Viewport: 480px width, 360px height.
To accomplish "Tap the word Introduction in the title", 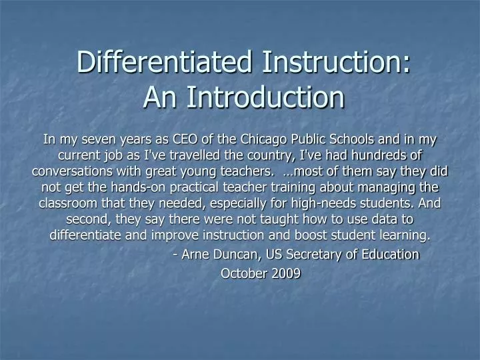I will [x=265, y=97].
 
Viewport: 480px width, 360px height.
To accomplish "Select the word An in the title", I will [x=159, y=97].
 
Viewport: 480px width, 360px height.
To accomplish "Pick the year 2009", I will [x=286, y=273].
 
